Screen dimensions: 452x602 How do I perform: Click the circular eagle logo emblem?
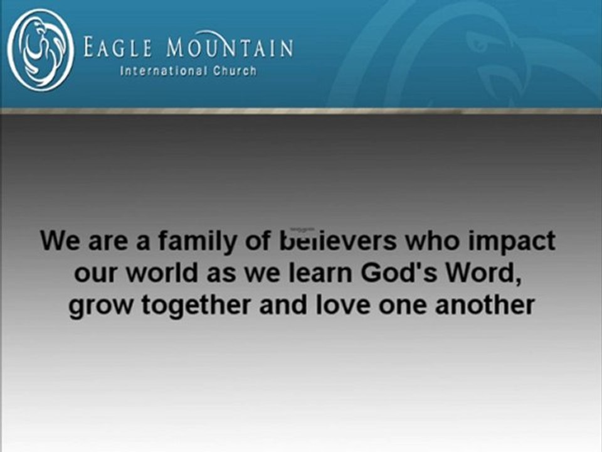[x=41, y=50]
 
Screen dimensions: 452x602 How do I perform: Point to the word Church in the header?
[x=234, y=71]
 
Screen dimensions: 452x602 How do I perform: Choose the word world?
[x=156, y=274]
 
